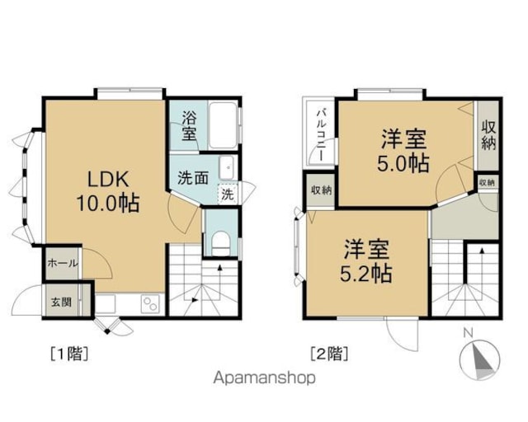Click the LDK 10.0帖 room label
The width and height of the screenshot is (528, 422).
click(x=108, y=191)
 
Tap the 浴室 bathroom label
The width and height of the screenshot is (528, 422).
click(x=189, y=126)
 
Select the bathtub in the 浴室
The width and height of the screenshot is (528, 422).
click(x=223, y=125)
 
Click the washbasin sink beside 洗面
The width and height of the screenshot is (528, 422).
click(x=227, y=167)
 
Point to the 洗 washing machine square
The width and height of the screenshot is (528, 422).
click(x=228, y=195)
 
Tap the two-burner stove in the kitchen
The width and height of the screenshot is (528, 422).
click(x=150, y=304)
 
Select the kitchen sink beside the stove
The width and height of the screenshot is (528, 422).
click(x=106, y=303)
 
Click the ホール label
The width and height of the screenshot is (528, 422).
click(x=63, y=263)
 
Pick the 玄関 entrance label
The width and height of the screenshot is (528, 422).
click(x=61, y=302)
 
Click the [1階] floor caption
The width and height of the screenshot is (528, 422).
click(x=69, y=354)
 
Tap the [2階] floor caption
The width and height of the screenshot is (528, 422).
click(x=329, y=354)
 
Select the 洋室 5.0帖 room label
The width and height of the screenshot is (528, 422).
click(x=403, y=151)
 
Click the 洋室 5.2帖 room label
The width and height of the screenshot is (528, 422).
click(x=366, y=260)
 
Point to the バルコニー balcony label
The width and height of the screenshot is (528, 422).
click(x=321, y=135)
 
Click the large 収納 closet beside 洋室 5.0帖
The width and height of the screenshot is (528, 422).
click(x=488, y=135)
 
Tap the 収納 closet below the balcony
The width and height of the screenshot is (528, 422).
click(x=321, y=190)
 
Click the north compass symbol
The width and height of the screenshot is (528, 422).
click(x=479, y=359)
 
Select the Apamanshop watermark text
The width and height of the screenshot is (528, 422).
click(x=265, y=378)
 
